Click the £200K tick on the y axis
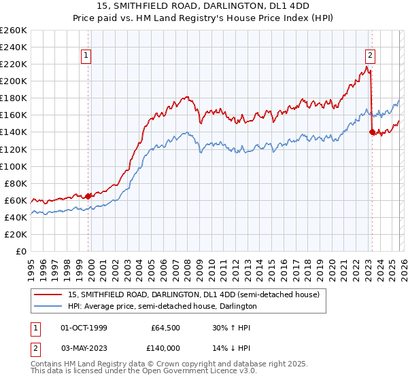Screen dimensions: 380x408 coord(14,81)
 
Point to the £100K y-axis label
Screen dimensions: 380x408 coord(14,166)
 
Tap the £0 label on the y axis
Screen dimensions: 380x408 coord(20,251)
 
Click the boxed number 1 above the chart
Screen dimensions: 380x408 coord(88,56)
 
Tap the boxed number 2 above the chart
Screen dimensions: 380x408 coord(370,56)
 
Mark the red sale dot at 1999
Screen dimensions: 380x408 coord(88,196)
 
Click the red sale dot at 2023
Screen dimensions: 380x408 coord(371,132)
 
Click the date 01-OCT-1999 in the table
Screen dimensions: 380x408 coord(84,327)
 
